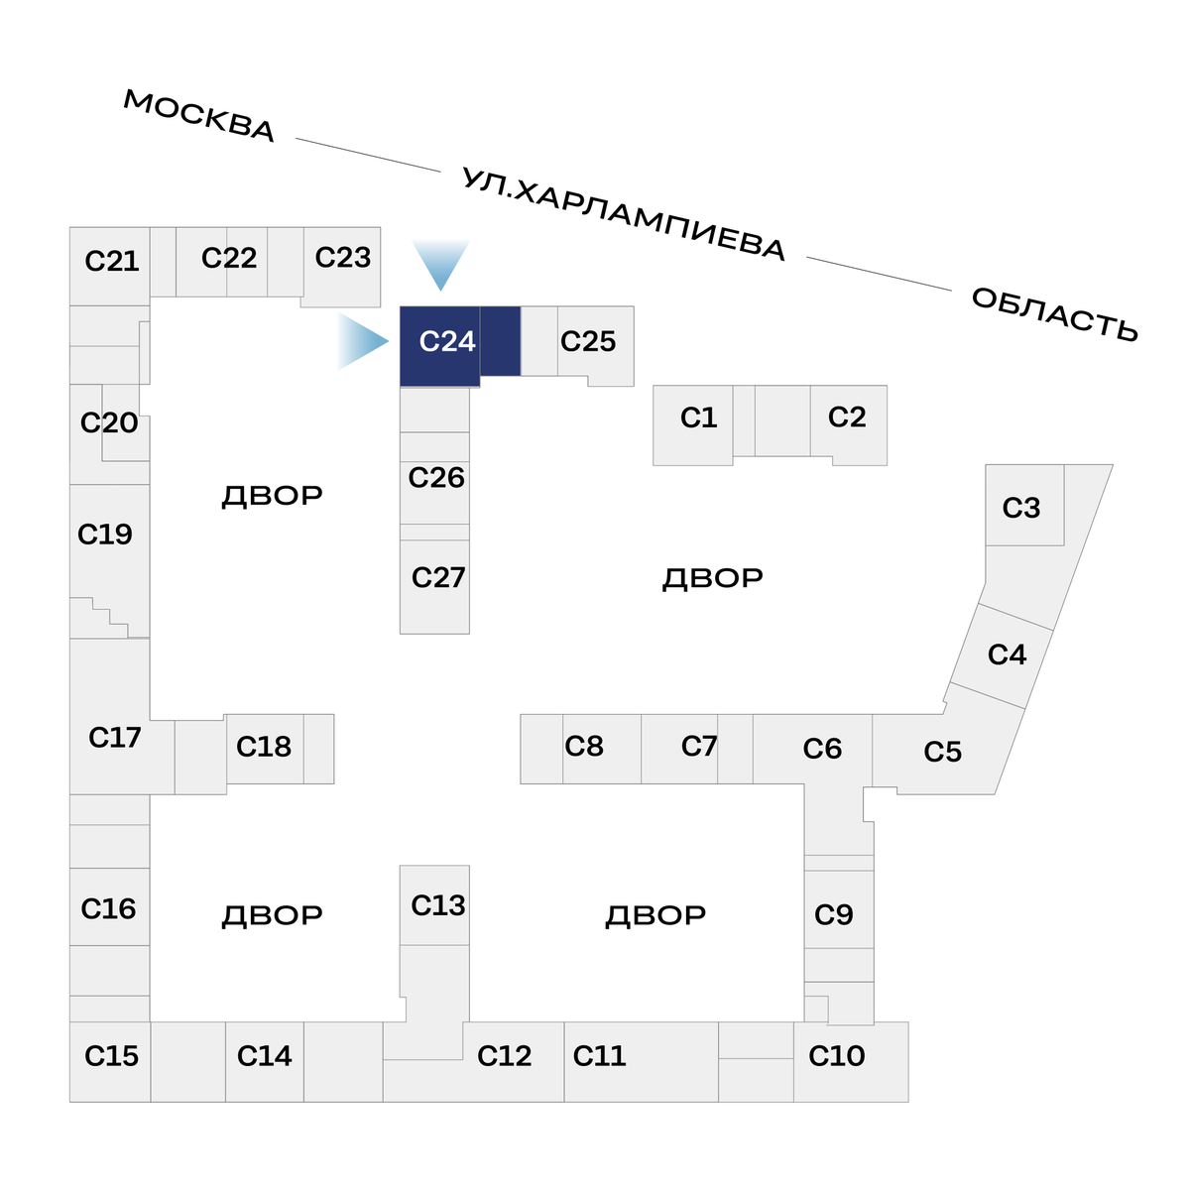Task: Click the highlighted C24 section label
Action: tap(447, 342)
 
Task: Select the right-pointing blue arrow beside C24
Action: tap(363, 342)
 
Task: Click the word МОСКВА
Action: tap(199, 116)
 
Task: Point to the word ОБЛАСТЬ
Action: tap(1054, 314)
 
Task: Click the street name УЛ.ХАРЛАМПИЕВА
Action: tap(624, 214)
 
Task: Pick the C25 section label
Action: tap(588, 342)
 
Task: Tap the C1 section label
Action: tap(698, 418)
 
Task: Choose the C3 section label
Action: tap(1020, 508)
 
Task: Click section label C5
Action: tap(942, 752)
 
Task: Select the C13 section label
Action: tap(437, 905)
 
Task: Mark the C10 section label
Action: tap(836, 1056)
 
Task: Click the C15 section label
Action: tap(111, 1056)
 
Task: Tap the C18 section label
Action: tap(264, 747)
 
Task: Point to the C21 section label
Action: tap(111, 261)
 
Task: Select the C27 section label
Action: tap(437, 577)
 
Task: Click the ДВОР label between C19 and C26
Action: tap(272, 495)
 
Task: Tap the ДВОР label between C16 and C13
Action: tap(272, 914)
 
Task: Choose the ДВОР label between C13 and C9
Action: tap(655, 914)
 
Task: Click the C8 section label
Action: tap(584, 746)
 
